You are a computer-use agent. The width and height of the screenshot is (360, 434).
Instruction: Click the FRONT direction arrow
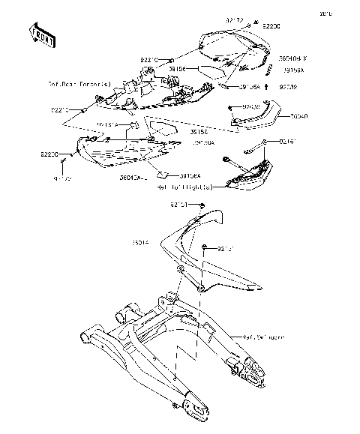click(x=41, y=34)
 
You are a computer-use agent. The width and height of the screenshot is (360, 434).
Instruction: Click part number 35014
click(x=142, y=243)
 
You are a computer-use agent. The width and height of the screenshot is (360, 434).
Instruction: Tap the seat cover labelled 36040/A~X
click(x=229, y=48)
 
